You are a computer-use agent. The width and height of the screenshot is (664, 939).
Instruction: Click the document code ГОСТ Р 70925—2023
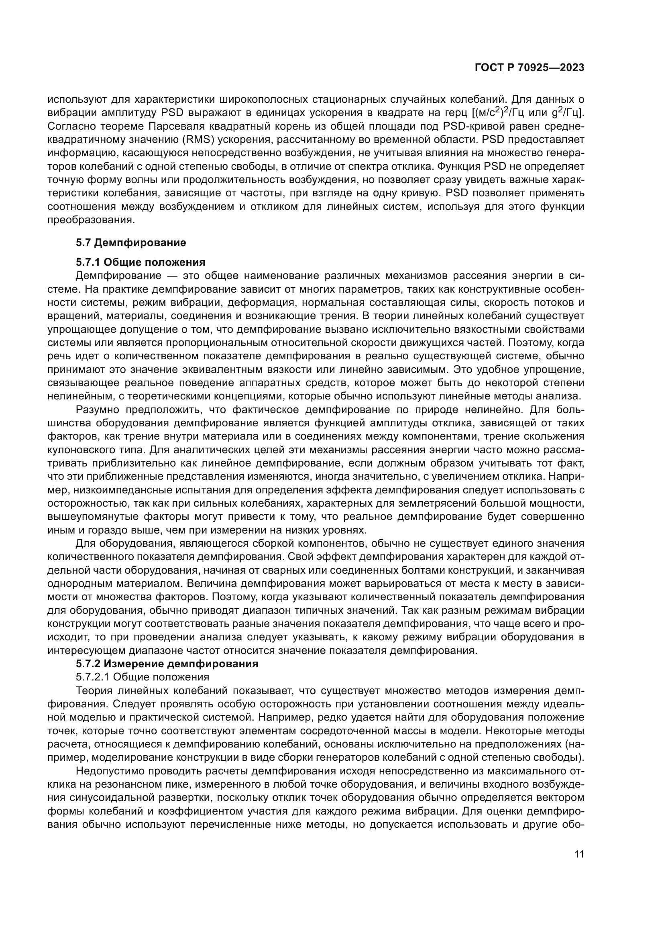pyautogui.click(x=530, y=68)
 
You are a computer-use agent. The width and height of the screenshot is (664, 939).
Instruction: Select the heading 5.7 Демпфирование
pyautogui.click(x=131, y=242)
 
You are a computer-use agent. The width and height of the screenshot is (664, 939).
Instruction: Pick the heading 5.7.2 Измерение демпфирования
pyautogui.click(x=167, y=664)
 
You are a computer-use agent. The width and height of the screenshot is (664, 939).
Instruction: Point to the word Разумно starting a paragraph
pyautogui.click(x=97, y=410)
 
